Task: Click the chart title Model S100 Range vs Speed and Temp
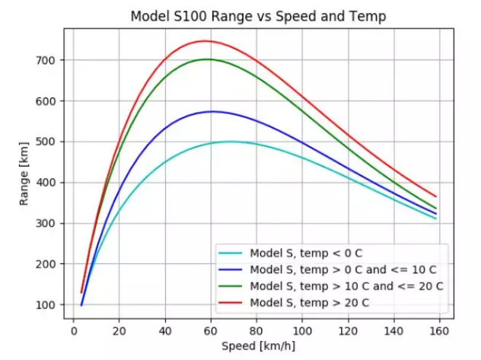tap(259, 16)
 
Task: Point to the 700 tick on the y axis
tap(46, 60)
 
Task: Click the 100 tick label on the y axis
tap(46, 305)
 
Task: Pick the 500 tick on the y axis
tap(46, 142)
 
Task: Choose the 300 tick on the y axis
tap(46, 224)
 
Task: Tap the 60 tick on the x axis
tap(212, 332)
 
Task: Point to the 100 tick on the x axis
tap(303, 332)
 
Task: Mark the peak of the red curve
tap(204, 41)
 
